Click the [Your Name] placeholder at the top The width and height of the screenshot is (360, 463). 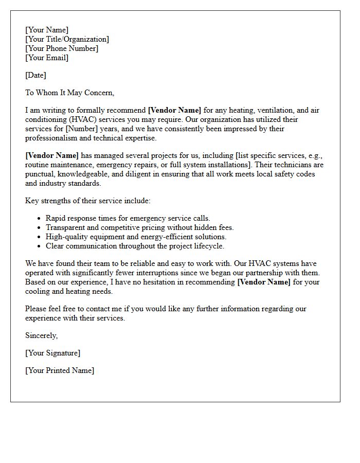point(47,30)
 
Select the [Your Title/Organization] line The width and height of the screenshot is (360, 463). point(67,39)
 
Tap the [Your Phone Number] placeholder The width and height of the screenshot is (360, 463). point(62,48)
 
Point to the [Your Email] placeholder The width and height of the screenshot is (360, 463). point(47,58)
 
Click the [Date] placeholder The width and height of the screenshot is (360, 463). point(35,75)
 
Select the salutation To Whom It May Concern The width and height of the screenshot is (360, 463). point(69,93)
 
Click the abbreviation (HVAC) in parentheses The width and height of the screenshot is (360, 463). point(79,119)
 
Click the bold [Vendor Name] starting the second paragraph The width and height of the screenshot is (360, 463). point(52,155)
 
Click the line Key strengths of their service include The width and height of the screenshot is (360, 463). point(88,201)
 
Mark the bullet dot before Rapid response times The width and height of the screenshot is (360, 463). point(39,219)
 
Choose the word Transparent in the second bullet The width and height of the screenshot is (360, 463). point(66,227)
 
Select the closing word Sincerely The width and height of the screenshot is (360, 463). point(42,335)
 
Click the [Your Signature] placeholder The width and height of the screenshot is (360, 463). point(52,353)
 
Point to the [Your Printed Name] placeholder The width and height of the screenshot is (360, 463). point(60,370)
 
